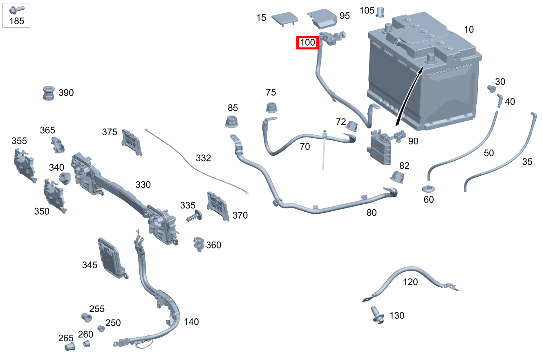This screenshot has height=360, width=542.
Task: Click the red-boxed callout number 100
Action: (307, 42)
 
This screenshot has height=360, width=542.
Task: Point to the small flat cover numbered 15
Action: (284, 18)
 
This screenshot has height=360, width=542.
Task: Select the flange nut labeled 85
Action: (233, 122)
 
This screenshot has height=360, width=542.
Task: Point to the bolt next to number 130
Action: (377, 315)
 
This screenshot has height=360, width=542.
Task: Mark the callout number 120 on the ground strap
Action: (410, 282)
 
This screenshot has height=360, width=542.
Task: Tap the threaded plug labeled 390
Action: (49, 94)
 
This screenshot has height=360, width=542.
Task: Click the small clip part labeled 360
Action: (199, 244)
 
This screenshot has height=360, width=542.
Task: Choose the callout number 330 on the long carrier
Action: (143, 185)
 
